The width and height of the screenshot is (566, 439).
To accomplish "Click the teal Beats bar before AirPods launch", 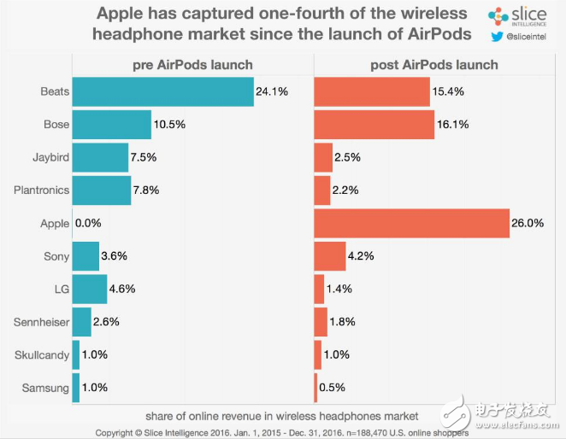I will (x=162, y=92).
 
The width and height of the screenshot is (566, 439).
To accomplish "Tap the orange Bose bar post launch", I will (x=374, y=125).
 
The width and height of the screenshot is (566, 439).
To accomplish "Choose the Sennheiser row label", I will (x=42, y=321).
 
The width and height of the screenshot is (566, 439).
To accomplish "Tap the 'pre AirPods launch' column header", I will (x=193, y=65).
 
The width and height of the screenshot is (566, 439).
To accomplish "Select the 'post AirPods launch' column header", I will (x=434, y=65).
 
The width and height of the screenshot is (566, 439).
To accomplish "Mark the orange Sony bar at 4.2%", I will (x=329, y=255).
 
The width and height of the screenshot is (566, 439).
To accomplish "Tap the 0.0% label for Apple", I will (x=88, y=223).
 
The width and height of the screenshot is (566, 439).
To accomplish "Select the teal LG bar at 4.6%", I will (x=90, y=289).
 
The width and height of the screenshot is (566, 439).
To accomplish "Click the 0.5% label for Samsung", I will (x=333, y=388).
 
